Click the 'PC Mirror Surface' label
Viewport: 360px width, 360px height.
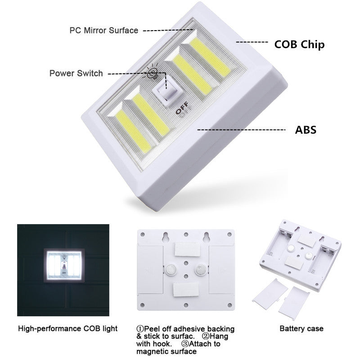pos(103,31)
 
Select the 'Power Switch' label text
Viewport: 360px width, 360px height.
pos(76,73)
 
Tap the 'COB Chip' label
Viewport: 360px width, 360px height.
pos(299,45)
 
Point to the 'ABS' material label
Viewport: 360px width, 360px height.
pos(306,130)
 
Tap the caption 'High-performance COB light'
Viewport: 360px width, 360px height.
pos(67,328)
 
